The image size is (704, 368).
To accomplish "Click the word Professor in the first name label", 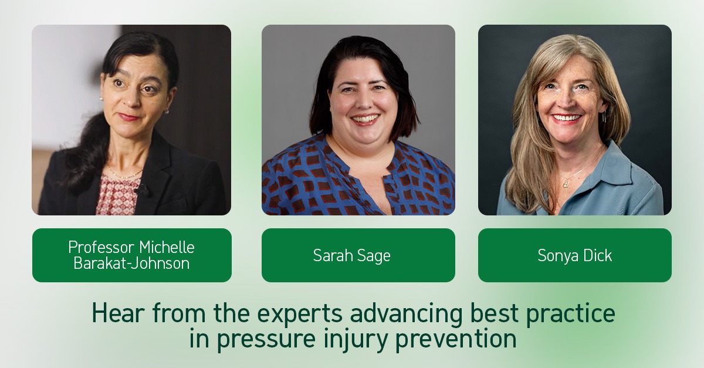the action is (x=101, y=247).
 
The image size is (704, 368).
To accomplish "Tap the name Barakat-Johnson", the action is (x=131, y=264).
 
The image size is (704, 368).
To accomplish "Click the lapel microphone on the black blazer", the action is (x=142, y=190).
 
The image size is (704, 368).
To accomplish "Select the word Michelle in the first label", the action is (x=167, y=247).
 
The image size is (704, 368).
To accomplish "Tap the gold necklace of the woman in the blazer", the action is (x=125, y=174).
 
